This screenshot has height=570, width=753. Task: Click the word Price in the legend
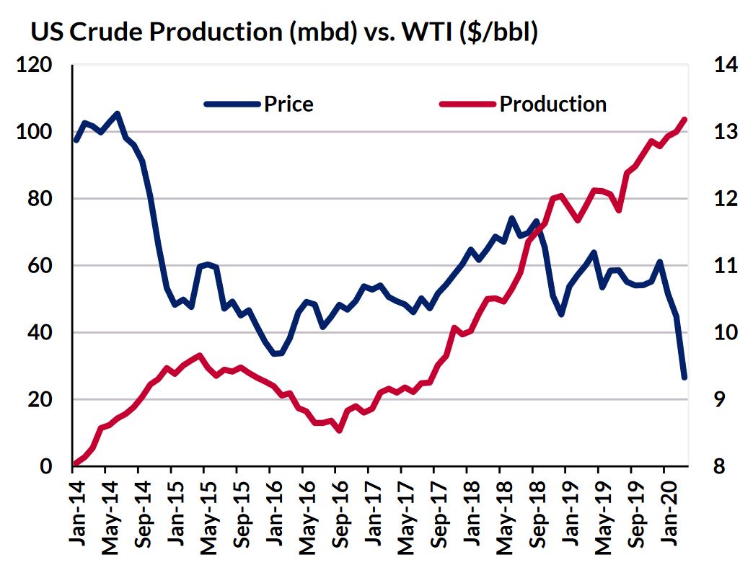pyautogui.click(x=289, y=104)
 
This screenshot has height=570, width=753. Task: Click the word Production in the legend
pyautogui.click(x=552, y=104)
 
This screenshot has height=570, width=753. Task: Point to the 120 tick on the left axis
pyautogui.click(x=35, y=66)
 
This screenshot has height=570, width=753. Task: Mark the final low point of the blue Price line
pyautogui.click(x=684, y=377)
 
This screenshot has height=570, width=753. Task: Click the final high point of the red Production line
pyautogui.click(x=684, y=120)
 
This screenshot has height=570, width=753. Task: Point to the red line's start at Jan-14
pyautogui.click(x=74, y=463)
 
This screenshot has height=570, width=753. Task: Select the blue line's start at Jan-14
pyautogui.click(x=76, y=140)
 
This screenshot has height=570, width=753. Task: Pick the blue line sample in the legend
pyautogui.click(x=232, y=104)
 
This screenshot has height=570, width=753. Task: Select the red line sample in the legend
pyautogui.click(x=467, y=104)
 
